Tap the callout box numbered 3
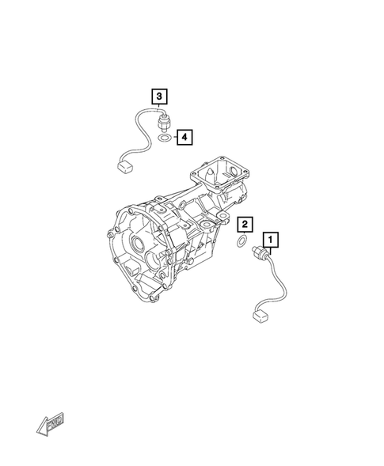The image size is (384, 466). click(x=159, y=97)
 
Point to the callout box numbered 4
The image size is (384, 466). click(x=184, y=138)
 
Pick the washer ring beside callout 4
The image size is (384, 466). click(x=164, y=138)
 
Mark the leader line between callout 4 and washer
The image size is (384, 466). click(x=173, y=138)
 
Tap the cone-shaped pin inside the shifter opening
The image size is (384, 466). click(x=212, y=170)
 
